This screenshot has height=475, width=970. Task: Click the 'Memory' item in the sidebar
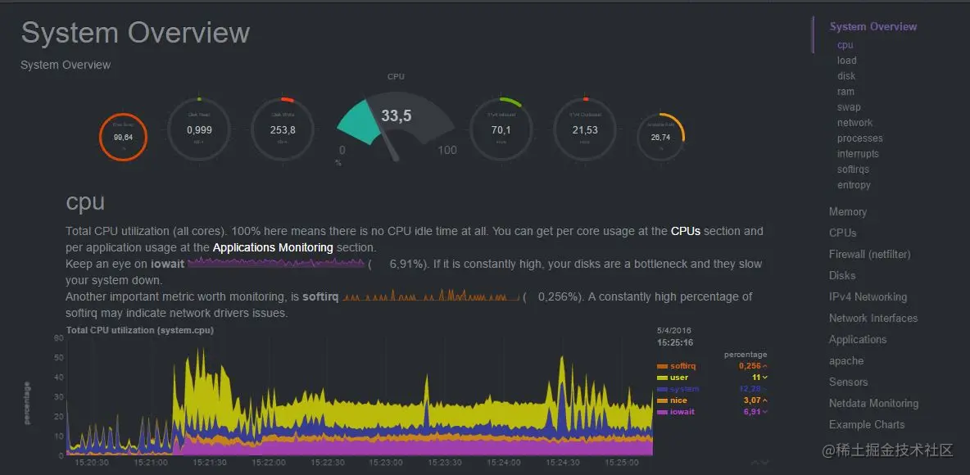pyautogui.click(x=847, y=211)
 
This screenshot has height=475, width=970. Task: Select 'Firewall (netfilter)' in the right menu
pyautogui.click(x=869, y=254)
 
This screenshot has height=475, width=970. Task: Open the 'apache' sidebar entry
pyautogui.click(x=845, y=360)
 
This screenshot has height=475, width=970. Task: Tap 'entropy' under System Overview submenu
pyautogui.click(x=854, y=185)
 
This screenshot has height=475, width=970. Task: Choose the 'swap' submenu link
pyautogui.click(x=849, y=107)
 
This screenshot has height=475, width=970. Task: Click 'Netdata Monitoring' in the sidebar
pyautogui.click(x=873, y=403)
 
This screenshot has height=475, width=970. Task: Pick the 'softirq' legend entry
pyautogui.click(x=682, y=365)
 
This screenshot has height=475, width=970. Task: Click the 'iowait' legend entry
pyautogui.click(x=682, y=412)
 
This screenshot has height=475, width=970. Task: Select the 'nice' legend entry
pyautogui.click(x=678, y=400)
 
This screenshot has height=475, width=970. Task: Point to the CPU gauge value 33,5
pyautogui.click(x=396, y=116)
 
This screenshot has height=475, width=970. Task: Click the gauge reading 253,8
pyautogui.click(x=282, y=130)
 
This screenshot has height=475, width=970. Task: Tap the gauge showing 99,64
pyautogui.click(x=123, y=138)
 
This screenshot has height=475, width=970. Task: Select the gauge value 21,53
pyautogui.click(x=585, y=130)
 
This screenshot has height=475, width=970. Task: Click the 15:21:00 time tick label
pyautogui.click(x=150, y=463)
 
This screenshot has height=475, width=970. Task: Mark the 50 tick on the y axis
pyautogui.click(x=58, y=358)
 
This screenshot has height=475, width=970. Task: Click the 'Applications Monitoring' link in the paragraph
pyautogui.click(x=272, y=247)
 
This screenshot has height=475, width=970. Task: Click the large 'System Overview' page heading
pyautogui.click(x=135, y=33)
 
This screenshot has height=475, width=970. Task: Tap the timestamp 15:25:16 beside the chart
pyautogui.click(x=675, y=342)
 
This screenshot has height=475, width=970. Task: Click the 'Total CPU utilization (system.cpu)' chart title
pyautogui.click(x=139, y=330)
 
